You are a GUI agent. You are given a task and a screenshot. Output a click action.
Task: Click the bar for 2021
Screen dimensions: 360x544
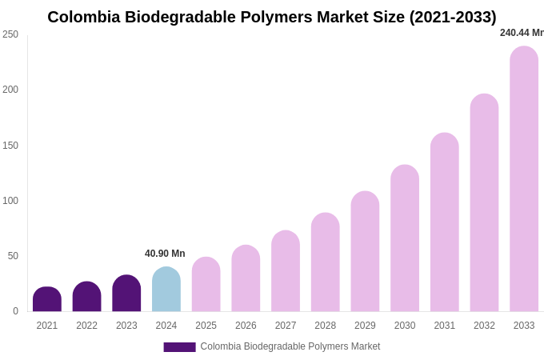[x=47, y=299]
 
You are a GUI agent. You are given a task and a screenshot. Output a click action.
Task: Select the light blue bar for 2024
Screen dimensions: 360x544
[x=166, y=290]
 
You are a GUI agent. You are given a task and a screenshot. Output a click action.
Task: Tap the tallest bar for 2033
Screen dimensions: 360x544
[x=524, y=179]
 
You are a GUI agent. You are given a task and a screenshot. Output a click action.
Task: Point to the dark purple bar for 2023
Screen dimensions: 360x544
[x=126, y=294]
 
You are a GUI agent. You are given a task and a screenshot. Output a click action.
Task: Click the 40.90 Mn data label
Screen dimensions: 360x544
[x=165, y=254]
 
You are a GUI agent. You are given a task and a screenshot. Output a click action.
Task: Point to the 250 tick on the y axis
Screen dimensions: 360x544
[x=10, y=34]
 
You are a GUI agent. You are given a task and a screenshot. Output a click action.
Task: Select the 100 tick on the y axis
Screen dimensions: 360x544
[x=10, y=201]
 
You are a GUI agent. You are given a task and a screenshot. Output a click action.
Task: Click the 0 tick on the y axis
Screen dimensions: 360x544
[x=15, y=311]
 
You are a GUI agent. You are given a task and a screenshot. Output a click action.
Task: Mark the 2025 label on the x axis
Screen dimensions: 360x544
[x=206, y=326]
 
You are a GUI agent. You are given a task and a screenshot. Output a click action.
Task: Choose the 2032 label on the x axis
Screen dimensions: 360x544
[x=484, y=326]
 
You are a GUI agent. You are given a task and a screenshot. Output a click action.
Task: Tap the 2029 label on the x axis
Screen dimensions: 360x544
[x=365, y=326]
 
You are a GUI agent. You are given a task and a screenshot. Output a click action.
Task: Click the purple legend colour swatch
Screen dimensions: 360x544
[x=179, y=347]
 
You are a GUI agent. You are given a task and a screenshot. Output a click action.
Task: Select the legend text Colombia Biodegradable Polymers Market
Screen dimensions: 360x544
[x=290, y=346]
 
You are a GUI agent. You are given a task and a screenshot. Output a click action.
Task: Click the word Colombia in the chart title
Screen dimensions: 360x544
[x=84, y=17]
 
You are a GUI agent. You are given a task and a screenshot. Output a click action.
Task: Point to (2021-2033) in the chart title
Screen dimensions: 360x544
[x=453, y=17]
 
